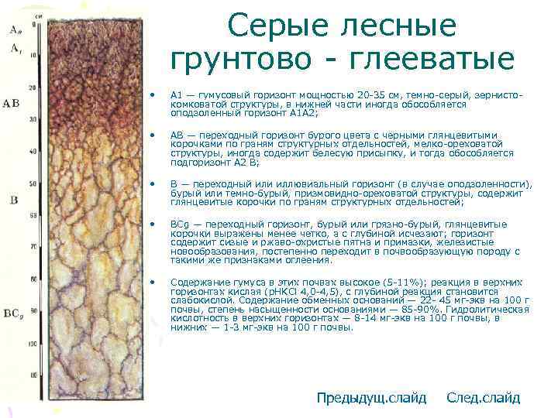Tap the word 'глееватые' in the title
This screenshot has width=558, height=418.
point(443,59)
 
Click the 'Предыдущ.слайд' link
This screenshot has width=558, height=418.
point(371,398)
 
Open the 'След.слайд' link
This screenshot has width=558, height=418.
point(484,398)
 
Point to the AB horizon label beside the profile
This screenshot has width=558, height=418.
point(11,102)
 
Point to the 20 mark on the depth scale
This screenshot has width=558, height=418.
point(31,87)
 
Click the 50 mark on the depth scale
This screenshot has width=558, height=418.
point(31,183)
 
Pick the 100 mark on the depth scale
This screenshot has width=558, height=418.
point(31,342)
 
